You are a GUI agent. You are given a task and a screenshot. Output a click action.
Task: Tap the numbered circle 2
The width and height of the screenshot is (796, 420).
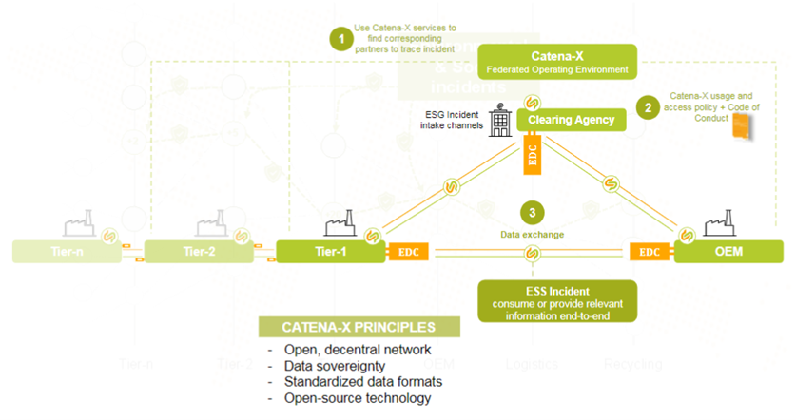[649, 107]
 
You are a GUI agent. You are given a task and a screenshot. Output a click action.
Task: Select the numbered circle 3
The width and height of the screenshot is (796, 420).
[533, 212]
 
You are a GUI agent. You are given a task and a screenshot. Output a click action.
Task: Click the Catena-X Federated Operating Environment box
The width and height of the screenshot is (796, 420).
[556, 62]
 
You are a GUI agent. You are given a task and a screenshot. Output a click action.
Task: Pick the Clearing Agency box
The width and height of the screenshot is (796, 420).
[571, 120]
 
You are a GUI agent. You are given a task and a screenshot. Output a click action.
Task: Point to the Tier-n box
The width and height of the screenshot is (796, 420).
[65, 252]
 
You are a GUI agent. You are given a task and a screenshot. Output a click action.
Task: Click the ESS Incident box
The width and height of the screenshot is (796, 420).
[544, 301]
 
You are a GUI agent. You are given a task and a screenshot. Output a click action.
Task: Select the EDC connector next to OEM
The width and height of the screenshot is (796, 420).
[650, 252]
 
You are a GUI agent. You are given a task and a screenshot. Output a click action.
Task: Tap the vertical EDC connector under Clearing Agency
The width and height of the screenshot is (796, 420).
[533, 153]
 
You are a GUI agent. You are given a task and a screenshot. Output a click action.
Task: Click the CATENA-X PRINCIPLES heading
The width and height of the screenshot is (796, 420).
[359, 327]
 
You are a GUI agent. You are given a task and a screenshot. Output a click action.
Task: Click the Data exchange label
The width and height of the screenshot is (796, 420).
[533, 234]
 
